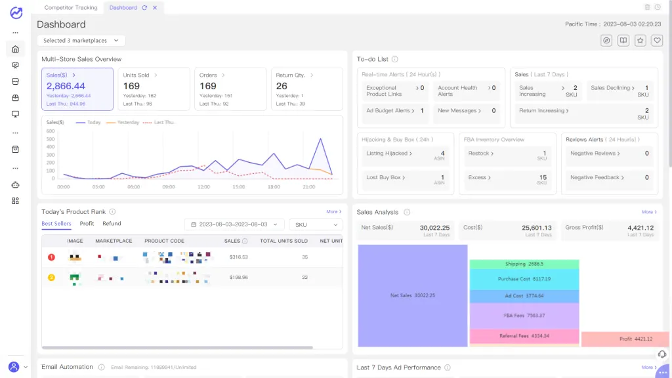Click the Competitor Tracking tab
[x=70, y=7]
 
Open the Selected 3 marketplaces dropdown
[x=80, y=41]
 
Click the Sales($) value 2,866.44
[x=66, y=86]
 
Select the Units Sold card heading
[x=136, y=75]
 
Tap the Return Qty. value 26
[x=282, y=86]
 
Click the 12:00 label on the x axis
[x=203, y=187]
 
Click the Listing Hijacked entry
[x=388, y=154]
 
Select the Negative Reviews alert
[x=593, y=154]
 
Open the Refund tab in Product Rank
[x=112, y=224]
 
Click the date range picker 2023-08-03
[x=234, y=224]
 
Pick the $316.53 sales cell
[x=238, y=257]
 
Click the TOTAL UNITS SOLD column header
[x=283, y=241]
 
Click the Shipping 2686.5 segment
[x=524, y=264]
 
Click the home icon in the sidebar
[x=16, y=49]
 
